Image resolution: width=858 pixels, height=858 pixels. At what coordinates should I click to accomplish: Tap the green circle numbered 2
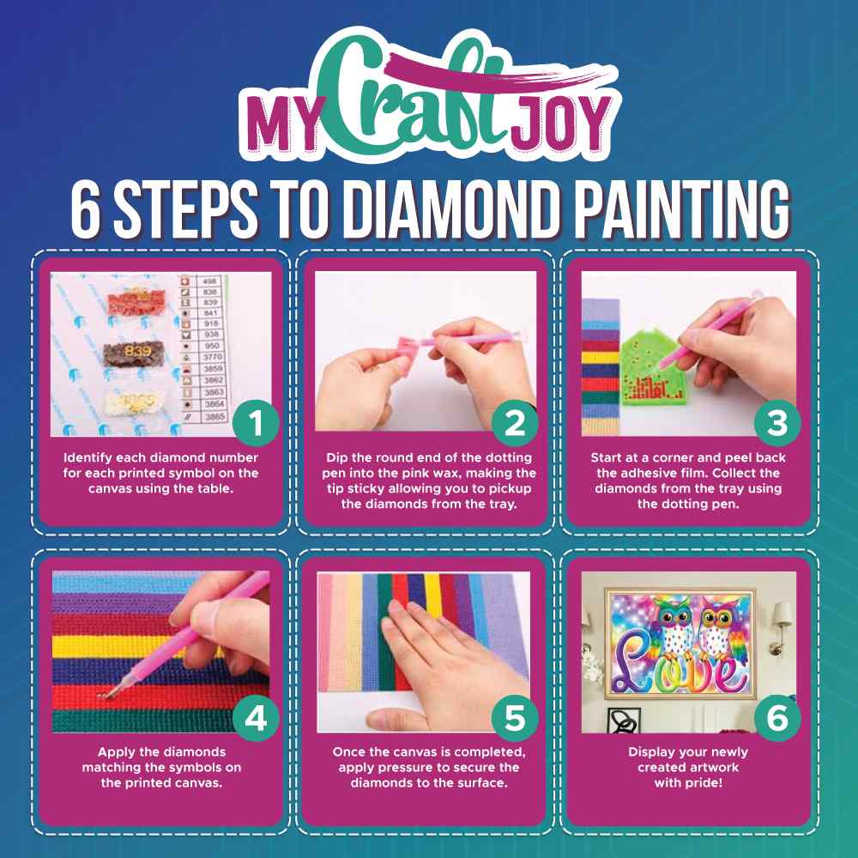click(514, 421)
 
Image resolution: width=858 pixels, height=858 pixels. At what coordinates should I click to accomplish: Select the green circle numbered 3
click(776, 421)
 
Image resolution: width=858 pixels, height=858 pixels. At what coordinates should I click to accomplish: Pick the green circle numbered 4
click(254, 719)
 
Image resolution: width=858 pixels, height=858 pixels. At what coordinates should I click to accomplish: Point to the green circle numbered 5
click(515, 719)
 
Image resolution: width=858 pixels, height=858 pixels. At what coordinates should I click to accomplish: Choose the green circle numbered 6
click(776, 719)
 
